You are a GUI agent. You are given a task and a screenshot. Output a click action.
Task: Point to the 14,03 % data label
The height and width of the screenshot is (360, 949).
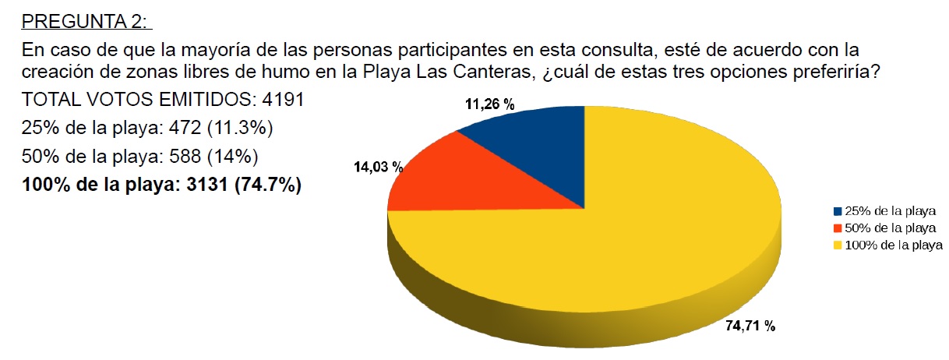click(x=378, y=167)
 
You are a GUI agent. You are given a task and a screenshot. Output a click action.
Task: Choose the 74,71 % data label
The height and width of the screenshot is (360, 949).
click(x=750, y=326)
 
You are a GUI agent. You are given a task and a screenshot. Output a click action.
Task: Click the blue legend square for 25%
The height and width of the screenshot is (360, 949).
click(x=838, y=211)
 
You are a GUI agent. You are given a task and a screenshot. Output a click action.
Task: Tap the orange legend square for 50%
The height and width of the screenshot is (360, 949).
click(x=838, y=228)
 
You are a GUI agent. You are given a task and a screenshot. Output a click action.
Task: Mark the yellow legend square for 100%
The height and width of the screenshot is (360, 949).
click(x=838, y=245)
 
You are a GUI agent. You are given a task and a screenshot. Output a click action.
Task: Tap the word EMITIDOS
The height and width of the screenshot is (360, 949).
click(x=188, y=101)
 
